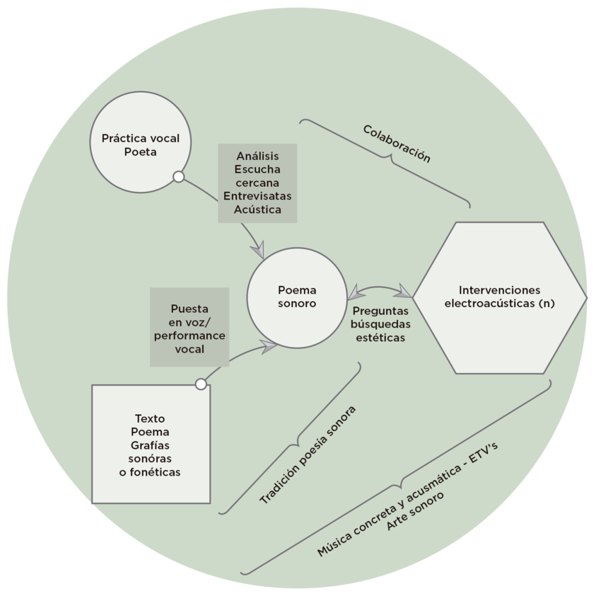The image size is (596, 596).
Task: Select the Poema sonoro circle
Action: point(297,297)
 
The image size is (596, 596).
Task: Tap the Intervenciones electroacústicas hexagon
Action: point(499,297)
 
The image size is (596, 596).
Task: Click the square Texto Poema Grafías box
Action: point(151,444)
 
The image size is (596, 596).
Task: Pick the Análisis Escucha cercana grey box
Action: point(257,183)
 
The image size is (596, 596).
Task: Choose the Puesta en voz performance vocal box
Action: point(189,327)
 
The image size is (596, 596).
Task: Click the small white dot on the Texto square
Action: point(201,384)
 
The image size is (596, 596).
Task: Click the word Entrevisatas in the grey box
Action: point(257,196)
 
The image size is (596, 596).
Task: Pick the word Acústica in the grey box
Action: point(257,210)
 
